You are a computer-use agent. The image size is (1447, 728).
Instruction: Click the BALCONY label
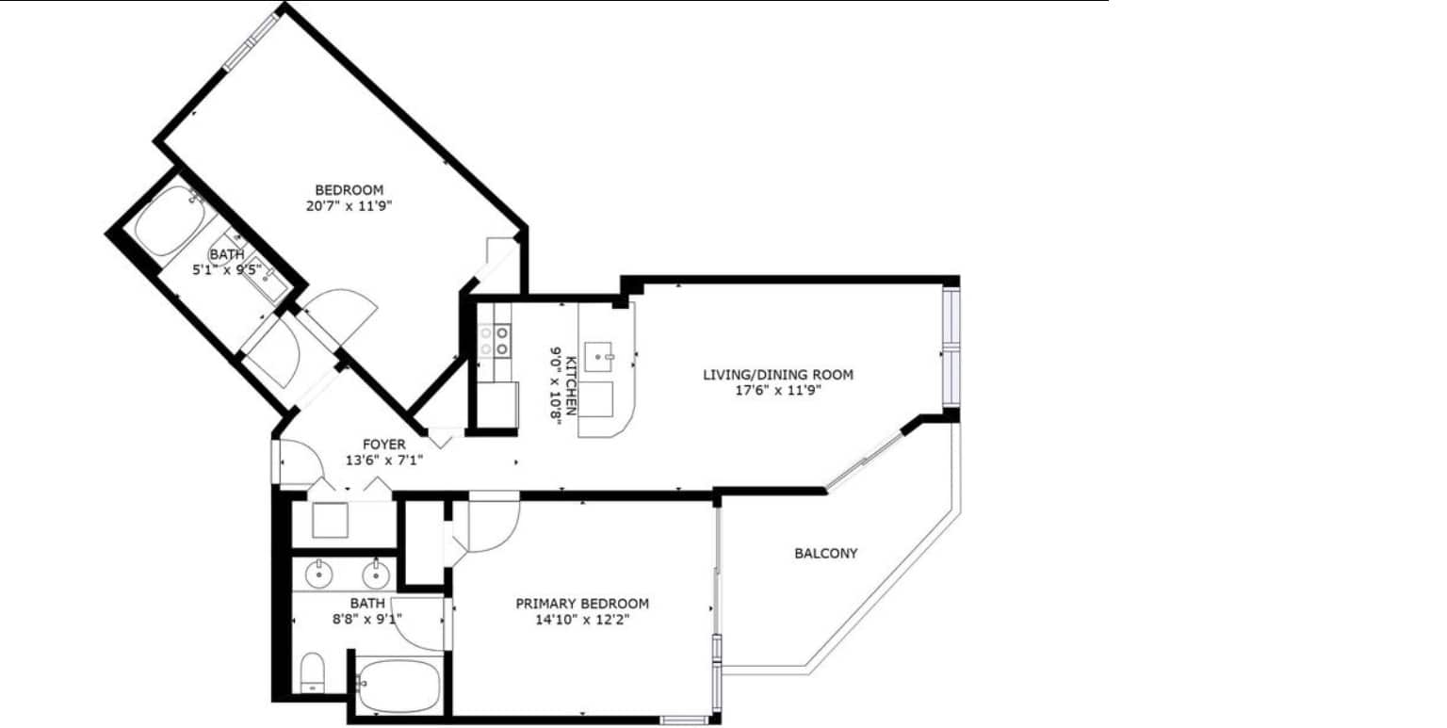[x=825, y=554]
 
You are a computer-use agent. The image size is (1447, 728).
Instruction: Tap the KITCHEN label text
[x=572, y=385]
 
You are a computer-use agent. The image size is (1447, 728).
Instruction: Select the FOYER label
[x=384, y=445]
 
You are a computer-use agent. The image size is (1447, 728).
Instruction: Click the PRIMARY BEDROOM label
[x=582, y=604]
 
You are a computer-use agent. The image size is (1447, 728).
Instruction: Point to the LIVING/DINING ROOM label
[x=778, y=375]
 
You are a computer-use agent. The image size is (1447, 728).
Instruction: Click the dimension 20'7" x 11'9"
[x=350, y=206]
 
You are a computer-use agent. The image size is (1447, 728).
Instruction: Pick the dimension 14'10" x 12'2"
[x=582, y=620]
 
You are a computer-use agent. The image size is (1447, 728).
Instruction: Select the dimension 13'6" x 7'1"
[x=384, y=461]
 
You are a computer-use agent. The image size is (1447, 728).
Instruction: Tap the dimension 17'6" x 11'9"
[x=778, y=391]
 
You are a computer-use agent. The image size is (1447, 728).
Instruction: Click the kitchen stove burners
[x=495, y=340]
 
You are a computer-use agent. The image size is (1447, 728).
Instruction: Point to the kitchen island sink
[x=599, y=357]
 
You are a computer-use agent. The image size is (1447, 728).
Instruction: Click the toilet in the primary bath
[x=313, y=672]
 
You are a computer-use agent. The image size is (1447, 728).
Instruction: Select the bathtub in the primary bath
[x=398, y=685]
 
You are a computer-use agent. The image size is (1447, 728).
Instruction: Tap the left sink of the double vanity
[x=317, y=574]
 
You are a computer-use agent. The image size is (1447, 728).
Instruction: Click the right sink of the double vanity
[x=375, y=574]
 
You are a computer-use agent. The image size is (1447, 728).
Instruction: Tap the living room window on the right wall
[x=951, y=348]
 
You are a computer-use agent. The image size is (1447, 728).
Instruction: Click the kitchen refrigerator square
[x=498, y=404]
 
